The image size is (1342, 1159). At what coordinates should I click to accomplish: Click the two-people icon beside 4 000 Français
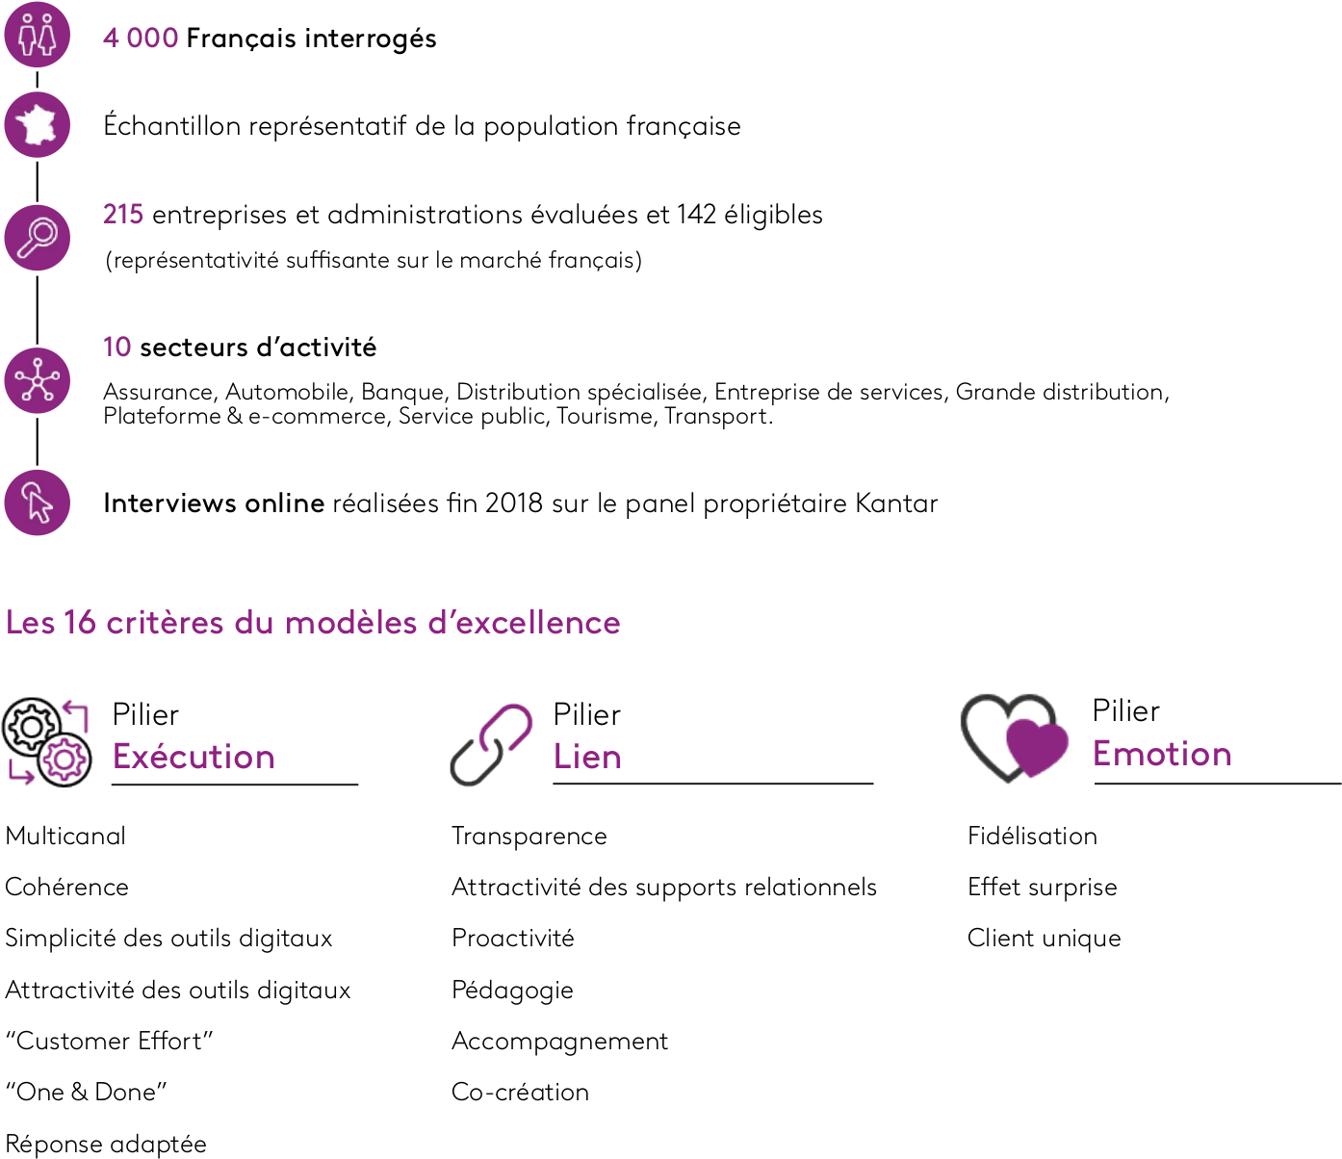(x=37, y=35)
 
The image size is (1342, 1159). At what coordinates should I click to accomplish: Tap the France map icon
(x=37, y=125)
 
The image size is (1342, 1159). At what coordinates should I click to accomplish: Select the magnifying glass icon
(x=37, y=238)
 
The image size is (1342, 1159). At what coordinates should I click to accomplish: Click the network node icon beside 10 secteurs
(x=37, y=380)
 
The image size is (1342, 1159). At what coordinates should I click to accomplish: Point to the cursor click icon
(x=37, y=502)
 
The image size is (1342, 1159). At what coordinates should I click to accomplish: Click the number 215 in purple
(x=122, y=215)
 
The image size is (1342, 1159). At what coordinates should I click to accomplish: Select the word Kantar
(x=896, y=503)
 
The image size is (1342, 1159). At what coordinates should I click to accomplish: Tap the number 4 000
(x=141, y=38)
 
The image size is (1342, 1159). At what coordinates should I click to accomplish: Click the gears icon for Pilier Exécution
(x=47, y=742)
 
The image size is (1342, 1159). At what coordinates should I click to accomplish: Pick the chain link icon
(x=491, y=745)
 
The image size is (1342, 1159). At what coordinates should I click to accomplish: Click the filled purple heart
(x=1037, y=747)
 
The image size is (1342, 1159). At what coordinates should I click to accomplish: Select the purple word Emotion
(x=1162, y=754)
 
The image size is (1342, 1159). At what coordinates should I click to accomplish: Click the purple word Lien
(x=587, y=757)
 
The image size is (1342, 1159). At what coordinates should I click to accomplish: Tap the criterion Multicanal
(x=65, y=836)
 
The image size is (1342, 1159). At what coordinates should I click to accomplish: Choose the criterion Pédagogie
(x=513, y=991)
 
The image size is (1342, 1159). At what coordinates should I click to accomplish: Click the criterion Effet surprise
(x=1043, y=887)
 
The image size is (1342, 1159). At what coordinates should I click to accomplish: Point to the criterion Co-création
(x=521, y=1093)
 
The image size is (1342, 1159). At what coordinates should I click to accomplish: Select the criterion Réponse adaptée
(x=106, y=1144)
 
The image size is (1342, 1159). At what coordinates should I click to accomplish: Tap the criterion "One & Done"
(x=87, y=1093)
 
